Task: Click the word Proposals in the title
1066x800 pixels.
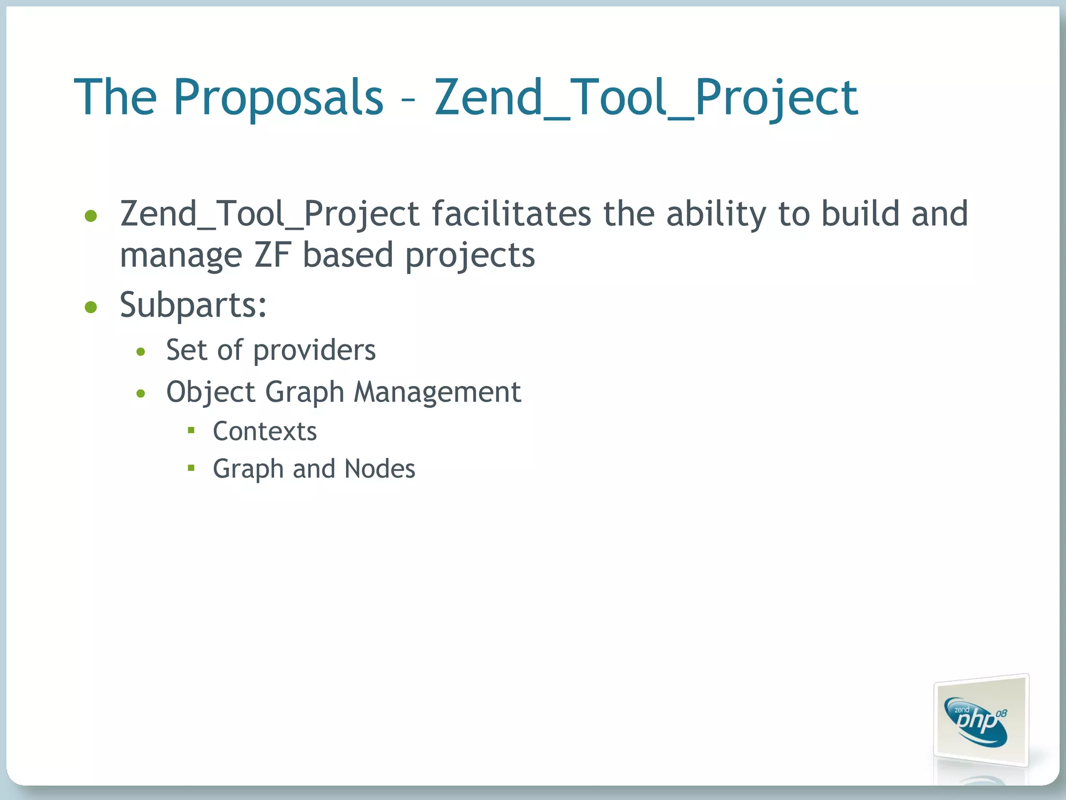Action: tap(278, 97)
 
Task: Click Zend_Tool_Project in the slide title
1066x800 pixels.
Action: tap(646, 97)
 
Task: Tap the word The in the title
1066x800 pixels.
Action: tap(115, 97)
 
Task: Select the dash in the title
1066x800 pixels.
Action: tap(409, 99)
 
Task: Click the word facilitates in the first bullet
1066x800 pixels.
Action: tap(511, 214)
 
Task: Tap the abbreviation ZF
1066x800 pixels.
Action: tap(272, 255)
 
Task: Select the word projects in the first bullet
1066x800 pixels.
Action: tap(470, 256)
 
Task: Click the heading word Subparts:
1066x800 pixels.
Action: tap(193, 305)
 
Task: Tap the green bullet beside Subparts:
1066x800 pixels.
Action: tap(91, 307)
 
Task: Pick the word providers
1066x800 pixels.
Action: tap(314, 351)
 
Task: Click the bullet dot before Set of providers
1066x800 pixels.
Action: tap(141, 352)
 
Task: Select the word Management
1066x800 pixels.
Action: tap(437, 392)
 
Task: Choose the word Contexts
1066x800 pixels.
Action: tap(264, 431)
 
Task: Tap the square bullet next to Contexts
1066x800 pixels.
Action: tap(191, 430)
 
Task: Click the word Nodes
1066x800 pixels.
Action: tap(379, 469)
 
